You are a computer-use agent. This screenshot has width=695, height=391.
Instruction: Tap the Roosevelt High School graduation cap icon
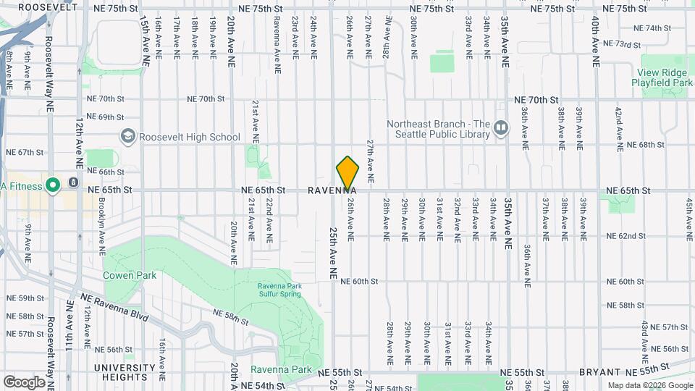pyautogui.click(x=128, y=137)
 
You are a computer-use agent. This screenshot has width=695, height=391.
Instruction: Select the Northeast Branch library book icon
pyautogui.click(x=500, y=129)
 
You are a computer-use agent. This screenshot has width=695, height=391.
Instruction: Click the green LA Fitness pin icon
pyautogui.click(x=52, y=186)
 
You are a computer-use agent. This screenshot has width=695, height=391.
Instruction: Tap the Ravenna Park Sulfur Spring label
pyautogui.click(x=279, y=289)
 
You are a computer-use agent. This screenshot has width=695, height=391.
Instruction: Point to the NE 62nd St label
pyautogui.click(x=625, y=236)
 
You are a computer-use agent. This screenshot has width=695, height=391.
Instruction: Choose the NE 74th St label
pyautogui.click(x=652, y=28)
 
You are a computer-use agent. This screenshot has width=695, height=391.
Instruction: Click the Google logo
pyautogui.click(x=24, y=382)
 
